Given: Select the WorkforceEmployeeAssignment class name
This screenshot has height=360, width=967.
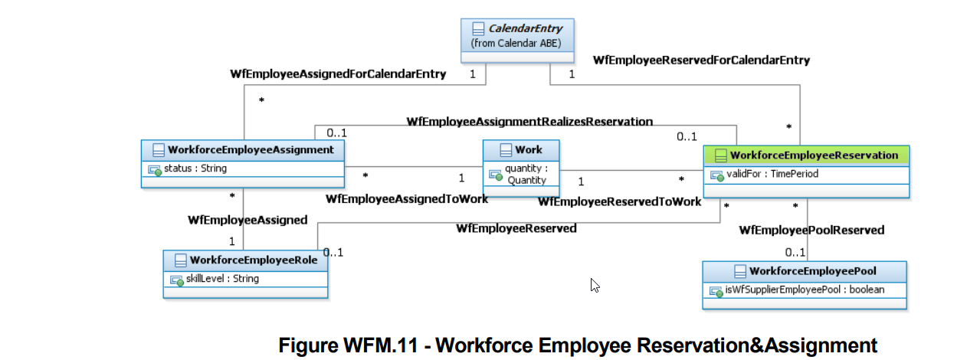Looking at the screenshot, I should point(251,149).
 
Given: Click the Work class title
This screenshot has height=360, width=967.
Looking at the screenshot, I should point(529,149).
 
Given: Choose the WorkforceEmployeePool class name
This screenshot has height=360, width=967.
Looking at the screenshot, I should point(813,271).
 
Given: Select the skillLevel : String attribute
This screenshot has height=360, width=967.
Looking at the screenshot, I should point(222,279).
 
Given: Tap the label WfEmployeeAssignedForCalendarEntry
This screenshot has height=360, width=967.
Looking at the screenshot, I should point(338,74).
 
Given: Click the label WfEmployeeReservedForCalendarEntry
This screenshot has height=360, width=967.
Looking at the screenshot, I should point(701,60).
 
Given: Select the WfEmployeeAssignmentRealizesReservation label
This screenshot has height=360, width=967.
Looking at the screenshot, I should point(529,121).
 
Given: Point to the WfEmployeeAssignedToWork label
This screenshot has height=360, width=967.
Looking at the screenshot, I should point(406,199).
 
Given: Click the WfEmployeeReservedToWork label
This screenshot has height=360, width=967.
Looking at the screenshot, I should point(619,201).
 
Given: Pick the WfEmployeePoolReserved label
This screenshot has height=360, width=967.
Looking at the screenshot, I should point(811,230).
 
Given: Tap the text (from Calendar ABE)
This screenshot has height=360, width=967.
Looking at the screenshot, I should point(516,43).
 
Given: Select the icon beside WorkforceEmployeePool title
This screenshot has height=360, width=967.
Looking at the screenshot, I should point(739,271).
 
